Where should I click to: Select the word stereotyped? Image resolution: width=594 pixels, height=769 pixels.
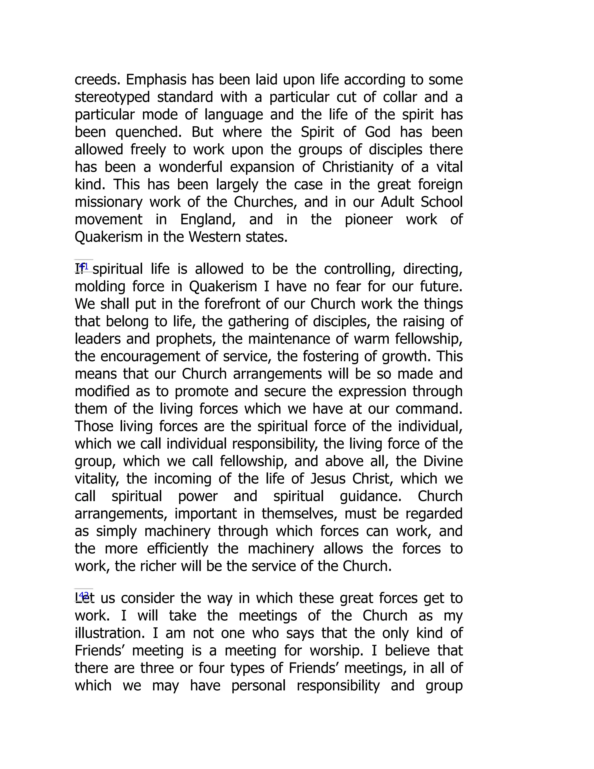[x=112, y=98]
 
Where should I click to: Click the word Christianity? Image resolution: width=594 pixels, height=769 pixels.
[x=357, y=167]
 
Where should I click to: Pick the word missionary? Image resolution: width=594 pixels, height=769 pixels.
[x=108, y=202]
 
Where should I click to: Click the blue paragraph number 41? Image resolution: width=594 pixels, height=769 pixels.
[x=84, y=266]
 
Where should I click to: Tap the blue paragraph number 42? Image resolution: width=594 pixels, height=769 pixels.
[x=84, y=595]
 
